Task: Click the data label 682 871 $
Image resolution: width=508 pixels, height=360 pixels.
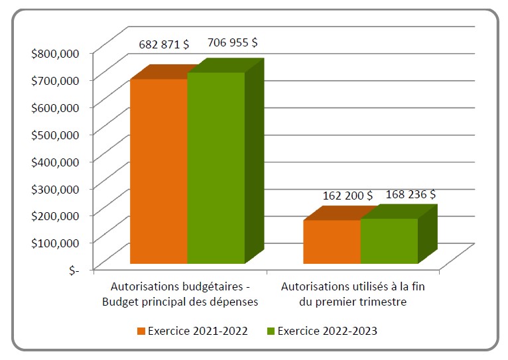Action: coord(164,44)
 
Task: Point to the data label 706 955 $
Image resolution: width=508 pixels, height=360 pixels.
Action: coord(233,42)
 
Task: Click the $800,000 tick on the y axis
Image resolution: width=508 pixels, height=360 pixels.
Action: coord(56,52)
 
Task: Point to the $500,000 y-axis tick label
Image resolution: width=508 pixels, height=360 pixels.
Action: coord(56,134)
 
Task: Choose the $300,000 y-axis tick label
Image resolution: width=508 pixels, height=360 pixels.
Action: coord(56,188)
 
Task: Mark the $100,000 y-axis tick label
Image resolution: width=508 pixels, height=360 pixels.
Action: coord(56,243)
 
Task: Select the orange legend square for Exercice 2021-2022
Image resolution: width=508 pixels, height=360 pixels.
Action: coord(141,331)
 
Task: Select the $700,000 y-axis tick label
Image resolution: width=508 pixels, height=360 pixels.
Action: coord(56,80)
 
